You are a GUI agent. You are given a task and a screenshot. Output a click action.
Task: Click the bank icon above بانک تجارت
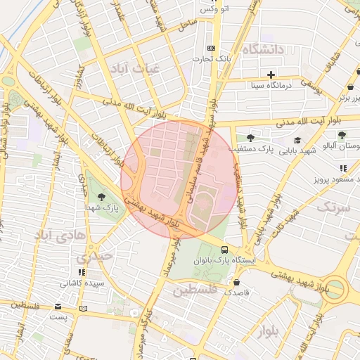[x=212, y=47]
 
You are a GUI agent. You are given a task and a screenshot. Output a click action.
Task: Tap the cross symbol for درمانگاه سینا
[x=271, y=74]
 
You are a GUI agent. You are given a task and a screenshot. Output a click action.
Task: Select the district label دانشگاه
[x=262, y=49]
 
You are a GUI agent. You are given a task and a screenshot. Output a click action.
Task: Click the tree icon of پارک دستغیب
[x=250, y=138]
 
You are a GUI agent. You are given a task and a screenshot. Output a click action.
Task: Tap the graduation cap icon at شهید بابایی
[x=297, y=140]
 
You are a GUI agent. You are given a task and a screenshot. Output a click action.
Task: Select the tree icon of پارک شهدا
[x=102, y=197]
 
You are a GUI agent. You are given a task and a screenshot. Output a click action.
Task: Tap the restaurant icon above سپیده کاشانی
[x=82, y=271]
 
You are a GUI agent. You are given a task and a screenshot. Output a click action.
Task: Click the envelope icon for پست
[x=58, y=307]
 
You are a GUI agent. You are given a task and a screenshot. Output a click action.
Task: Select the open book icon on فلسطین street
[x=84, y=308]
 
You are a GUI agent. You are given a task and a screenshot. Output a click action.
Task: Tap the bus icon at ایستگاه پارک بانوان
[x=224, y=249]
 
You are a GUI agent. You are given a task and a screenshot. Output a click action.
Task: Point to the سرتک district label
[x=333, y=207]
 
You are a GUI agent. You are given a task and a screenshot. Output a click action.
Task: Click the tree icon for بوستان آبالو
[x=342, y=135]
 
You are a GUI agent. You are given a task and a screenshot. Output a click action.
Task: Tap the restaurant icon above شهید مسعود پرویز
[x=342, y=168]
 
